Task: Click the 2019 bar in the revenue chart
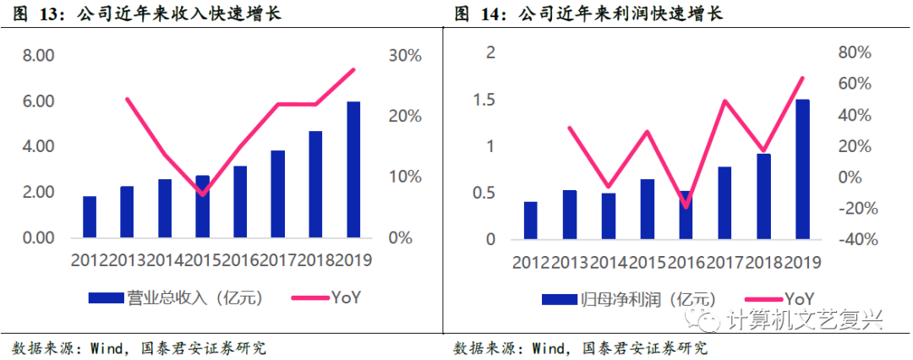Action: [353, 169]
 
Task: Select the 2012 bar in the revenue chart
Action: [89, 217]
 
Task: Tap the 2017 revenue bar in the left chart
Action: [277, 194]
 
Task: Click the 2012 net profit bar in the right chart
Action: [530, 221]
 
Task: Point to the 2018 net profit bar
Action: [763, 196]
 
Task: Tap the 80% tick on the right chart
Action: [853, 53]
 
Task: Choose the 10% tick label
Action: [404, 177]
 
